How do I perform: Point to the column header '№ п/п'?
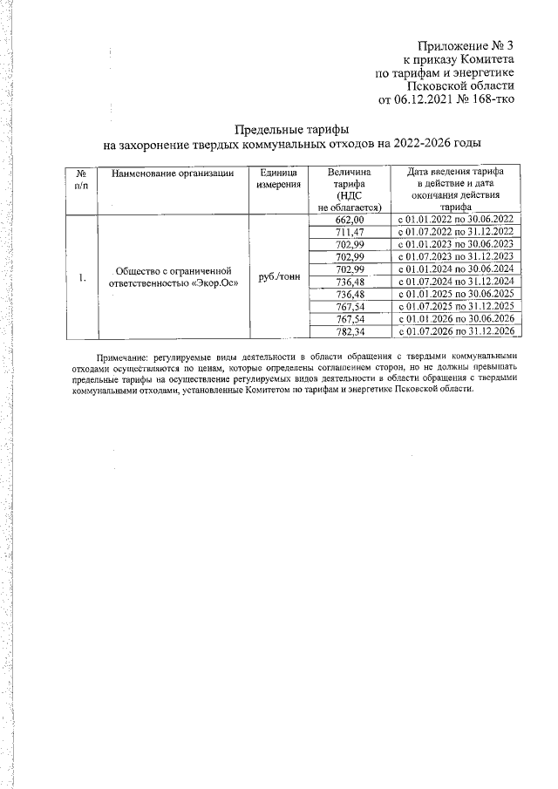pos(81,180)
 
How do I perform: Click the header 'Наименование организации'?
pos(173,174)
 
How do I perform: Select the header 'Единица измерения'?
pos(279,180)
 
